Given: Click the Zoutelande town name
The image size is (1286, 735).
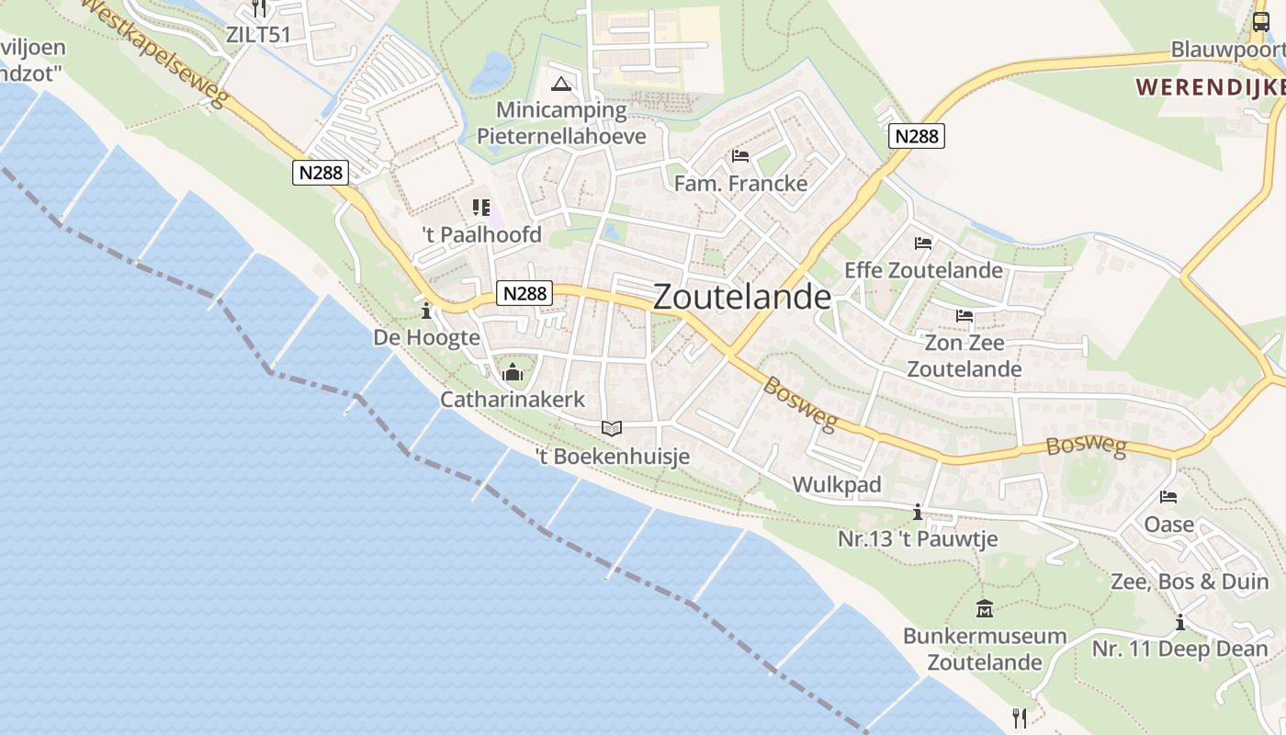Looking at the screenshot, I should pyautogui.click(x=742, y=297).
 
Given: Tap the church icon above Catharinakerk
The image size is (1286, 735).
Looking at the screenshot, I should pyautogui.click(x=513, y=372).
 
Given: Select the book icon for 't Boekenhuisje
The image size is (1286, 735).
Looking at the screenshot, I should pyautogui.click(x=612, y=428).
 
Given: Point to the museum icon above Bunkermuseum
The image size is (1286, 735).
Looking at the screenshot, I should pyautogui.click(x=985, y=608).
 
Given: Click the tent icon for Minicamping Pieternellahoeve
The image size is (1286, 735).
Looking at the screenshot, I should pyautogui.click(x=560, y=85).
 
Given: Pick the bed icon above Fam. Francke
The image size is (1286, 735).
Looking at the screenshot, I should pyautogui.click(x=740, y=155).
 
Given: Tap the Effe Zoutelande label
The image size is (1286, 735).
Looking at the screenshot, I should pyautogui.click(x=923, y=270).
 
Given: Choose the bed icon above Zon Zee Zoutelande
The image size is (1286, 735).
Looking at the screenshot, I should pyautogui.click(x=964, y=316).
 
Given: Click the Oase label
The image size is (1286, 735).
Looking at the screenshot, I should pyautogui.click(x=1168, y=525).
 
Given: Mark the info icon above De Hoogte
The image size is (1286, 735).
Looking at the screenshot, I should pyautogui.click(x=426, y=310).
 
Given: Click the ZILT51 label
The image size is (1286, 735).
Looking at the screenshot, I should pyautogui.click(x=258, y=35).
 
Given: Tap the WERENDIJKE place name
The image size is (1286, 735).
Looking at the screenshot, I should pyautogui.click(x=1210, y=87).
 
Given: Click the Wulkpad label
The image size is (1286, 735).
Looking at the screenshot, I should pyautogui.click(x=836, y=484).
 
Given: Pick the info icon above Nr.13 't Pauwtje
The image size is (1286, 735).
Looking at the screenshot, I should pyautogui.click(x=917, y=512).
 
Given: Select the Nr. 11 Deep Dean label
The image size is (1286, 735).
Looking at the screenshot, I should pyautogui.click(x=1179, y=649).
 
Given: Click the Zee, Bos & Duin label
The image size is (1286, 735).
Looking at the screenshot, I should pyautogui.click(x=1190, y=582).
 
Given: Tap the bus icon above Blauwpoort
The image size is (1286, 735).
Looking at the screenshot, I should pyautogui.click(x=1260, y=22).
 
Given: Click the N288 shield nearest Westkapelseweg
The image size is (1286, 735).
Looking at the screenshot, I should pyautogui.click(x=321, y=172).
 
